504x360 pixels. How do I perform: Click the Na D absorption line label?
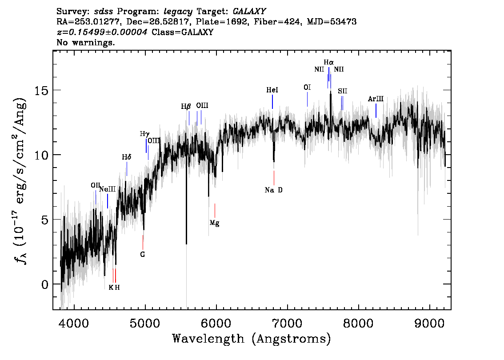point(273,190)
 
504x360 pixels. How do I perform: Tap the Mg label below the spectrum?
point(214,223)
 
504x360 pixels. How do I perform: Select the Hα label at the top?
point(328,62)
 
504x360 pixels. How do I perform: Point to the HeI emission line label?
point(272,90)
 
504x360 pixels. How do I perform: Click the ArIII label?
point(376,99)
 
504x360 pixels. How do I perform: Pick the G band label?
point(143,255)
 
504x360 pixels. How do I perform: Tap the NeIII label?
point(108,189)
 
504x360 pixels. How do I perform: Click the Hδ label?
point(127,157)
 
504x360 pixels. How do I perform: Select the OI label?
point(307,88)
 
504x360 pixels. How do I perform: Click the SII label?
point(343,91)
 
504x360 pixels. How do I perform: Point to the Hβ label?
point(186,106)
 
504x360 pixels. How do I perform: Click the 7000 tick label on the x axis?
point(287,323)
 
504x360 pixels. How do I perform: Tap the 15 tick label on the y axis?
point(41,90)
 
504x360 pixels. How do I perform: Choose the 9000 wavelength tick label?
point(429,323)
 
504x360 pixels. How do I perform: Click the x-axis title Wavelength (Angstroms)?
point(252,339)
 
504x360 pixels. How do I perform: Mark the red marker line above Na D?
point(274,178)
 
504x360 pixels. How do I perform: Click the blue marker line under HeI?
point(272,102)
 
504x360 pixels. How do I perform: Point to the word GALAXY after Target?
point(249,12)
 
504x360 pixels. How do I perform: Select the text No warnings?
point(85,42)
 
